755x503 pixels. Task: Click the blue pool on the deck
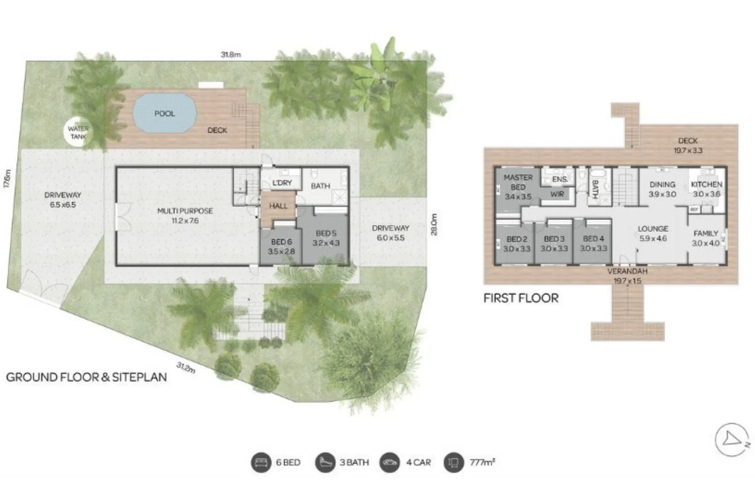click(x=164, y=113)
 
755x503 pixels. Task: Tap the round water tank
click(x=78, y=132)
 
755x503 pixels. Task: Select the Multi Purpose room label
click(x=185, y=215)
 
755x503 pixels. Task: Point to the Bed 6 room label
click(x=281, y=247)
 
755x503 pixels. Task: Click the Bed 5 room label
click(x=326, y=238)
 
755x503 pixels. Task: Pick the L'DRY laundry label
click(x=282, y=183)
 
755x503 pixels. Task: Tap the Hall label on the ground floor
click(x=278, y=206)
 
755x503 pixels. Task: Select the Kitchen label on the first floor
click(x=706, y=189)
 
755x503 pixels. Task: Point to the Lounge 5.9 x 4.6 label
click(x=653, y=233)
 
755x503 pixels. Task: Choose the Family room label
click(x=706, y=238)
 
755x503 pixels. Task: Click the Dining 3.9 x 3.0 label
click(x=662, y=189)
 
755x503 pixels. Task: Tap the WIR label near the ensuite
click(x=557, y=194)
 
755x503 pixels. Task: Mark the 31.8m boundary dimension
click(x=231, y=55)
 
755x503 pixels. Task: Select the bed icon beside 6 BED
click(x=261, y=462)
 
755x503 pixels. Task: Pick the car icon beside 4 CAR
click(x=390, y=462)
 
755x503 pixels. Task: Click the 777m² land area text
click(x=482, y=462)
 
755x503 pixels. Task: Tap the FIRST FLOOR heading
click(x=521, y=298)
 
